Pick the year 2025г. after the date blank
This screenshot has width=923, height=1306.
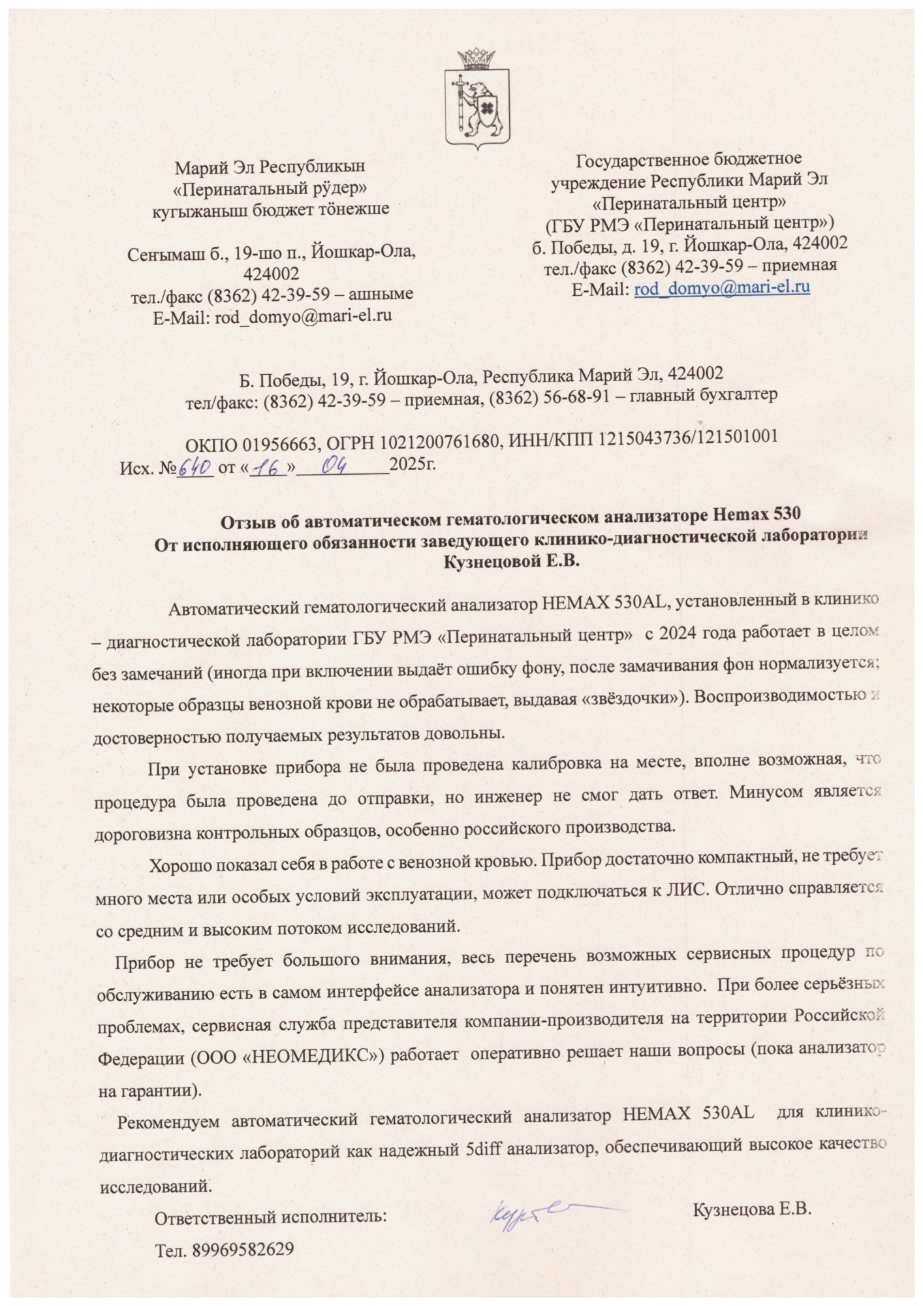(x=412, y=466)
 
